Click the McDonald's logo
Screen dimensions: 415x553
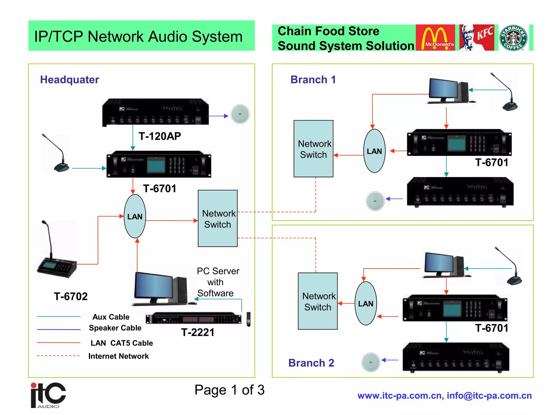[435, 38]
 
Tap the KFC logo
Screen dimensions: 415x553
[477, 38]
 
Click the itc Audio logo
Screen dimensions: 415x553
[48, 395]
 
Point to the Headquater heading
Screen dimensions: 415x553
[69, 80]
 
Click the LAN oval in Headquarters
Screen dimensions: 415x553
[135, 216]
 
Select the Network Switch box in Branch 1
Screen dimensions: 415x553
[313, 149]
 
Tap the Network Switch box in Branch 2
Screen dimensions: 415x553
[318, 301]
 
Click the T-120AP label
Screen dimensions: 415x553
[160, 136]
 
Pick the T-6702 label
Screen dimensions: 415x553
[71, 296]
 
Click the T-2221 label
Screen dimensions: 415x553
[198, 332]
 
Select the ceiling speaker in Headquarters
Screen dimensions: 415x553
[240, 114]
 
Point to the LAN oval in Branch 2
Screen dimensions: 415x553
[366, 303]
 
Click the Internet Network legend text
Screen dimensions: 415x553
[119, 356]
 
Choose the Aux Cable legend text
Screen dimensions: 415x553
[111, 317]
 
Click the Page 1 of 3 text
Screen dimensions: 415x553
[229, 390]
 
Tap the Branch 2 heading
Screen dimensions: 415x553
[311, 363]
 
